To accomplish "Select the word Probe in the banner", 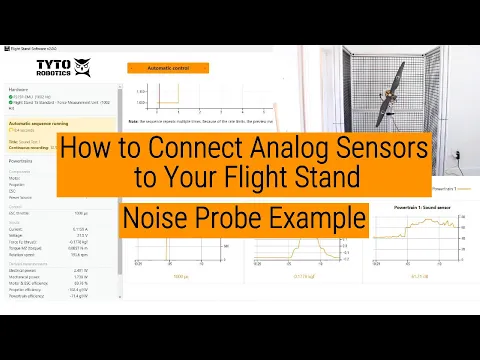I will [241, 216].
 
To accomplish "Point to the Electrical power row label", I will [24, 270].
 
